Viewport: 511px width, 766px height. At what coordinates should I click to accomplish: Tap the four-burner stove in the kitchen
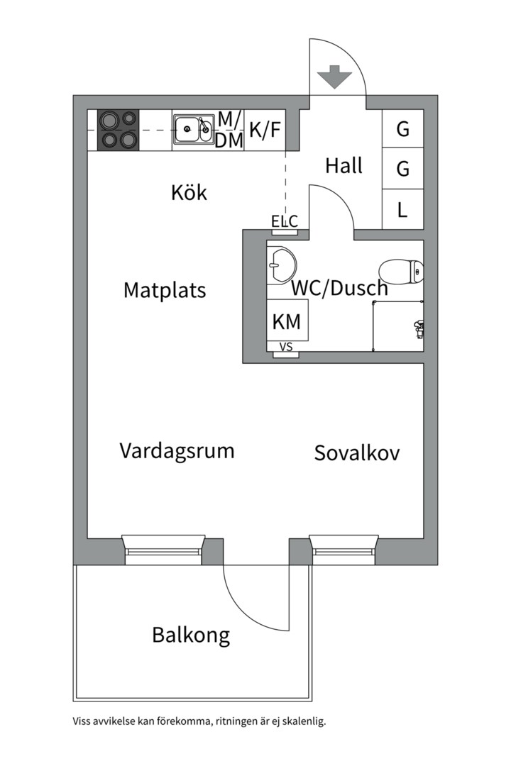[118, 129]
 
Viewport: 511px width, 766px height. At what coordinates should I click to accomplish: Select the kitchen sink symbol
[193, 129]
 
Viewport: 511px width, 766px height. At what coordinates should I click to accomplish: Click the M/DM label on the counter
[229, 130]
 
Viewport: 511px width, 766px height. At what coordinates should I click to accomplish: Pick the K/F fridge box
[265, 130]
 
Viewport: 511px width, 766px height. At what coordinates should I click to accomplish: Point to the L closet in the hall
[402, 210]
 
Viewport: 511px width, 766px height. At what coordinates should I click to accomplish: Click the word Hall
[344, 166]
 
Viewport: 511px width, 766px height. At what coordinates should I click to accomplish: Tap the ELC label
[285, 221]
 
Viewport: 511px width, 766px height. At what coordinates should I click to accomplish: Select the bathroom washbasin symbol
[281, 265]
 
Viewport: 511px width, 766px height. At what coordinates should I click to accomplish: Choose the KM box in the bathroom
[287, 322]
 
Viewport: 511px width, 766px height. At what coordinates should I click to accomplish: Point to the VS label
[287, 348]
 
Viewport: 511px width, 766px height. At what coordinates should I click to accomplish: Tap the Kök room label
[189, 192]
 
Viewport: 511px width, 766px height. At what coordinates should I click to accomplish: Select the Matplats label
[165, 290]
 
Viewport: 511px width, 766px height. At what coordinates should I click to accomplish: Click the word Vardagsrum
[177, 450]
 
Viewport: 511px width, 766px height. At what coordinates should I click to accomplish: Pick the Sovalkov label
[357, 453]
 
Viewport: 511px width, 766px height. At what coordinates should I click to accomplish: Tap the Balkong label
[191, 635]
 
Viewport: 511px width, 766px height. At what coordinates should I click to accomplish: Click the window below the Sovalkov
[343, 550]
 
